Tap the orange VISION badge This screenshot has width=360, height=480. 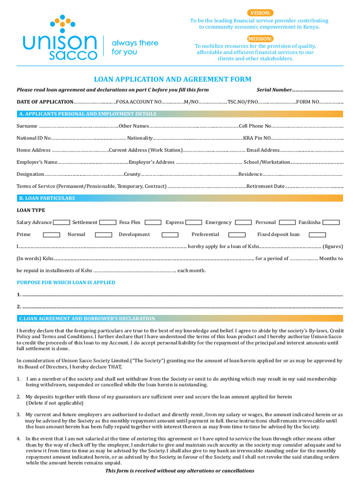(260, 13)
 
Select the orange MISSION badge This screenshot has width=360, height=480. (260, 38)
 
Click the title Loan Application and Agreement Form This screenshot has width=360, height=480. (172, 79)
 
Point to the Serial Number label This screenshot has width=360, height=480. (274, 90)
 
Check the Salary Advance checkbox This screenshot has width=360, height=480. (61, 222)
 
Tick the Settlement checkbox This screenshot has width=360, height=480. (108, 222)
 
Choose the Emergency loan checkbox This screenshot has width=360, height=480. (243, 222)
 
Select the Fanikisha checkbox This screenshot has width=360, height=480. (331, 222)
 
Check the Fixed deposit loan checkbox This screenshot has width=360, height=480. (317, 234)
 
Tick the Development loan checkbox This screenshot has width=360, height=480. (170, 234)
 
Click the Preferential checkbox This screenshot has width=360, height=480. (237, 234)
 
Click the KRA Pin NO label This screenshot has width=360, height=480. (257, 138)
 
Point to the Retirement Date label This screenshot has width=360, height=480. (265, 186)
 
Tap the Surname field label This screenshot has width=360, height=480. (27, 126)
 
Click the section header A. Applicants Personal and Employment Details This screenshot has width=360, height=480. (87, 114)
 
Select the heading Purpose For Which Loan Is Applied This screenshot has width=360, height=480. (66, 283)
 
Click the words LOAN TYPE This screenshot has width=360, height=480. (31, 210)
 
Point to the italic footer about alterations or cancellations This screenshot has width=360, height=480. (180, 471)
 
